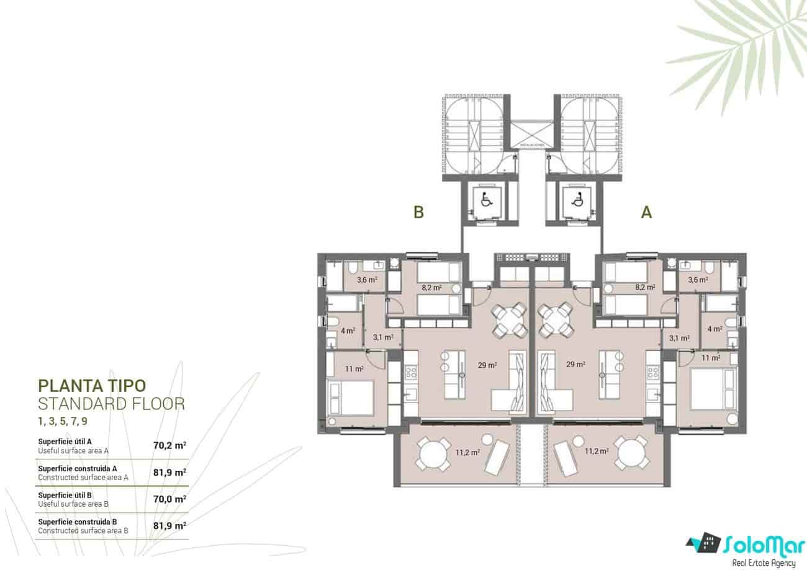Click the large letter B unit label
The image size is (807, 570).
point(419,213)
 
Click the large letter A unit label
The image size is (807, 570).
point(646,213)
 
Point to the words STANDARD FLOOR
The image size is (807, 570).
point(111,404)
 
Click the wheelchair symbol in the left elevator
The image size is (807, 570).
point(485,200)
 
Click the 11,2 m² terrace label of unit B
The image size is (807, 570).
point(468,452)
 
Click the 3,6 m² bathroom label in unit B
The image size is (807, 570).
point(367,279)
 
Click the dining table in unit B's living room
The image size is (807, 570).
point(509,321)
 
